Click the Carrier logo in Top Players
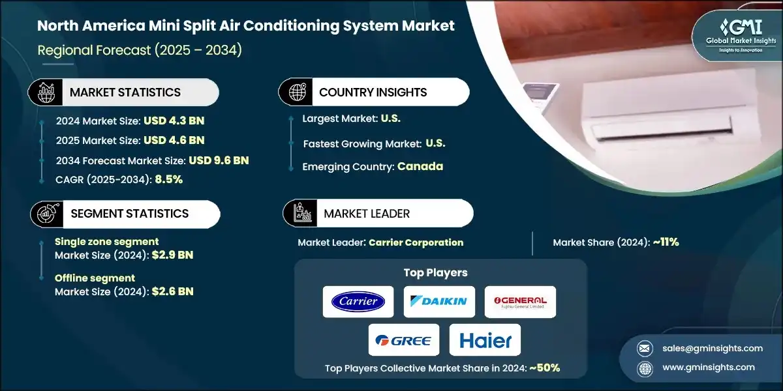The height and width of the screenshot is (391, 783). click(x=358, y=302)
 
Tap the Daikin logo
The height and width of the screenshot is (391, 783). click(x=438, y=302)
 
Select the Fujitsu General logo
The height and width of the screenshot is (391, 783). click(x=520, y=302)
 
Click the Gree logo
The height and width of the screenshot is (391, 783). click(x=403, y=340)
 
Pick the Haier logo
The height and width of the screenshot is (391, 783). click(x=485, y=340)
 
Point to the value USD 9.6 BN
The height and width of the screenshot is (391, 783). click(x=219, y=160)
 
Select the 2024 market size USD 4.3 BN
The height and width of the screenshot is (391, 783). click(x=174, y=121)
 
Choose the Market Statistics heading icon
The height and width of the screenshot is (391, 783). click(x=45, y=93)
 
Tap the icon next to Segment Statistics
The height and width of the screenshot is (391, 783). click(x=46, y=214)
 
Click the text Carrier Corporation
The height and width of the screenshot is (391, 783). click(x=416, y=242)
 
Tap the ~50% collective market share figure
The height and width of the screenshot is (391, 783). click(x=544, y=368)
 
